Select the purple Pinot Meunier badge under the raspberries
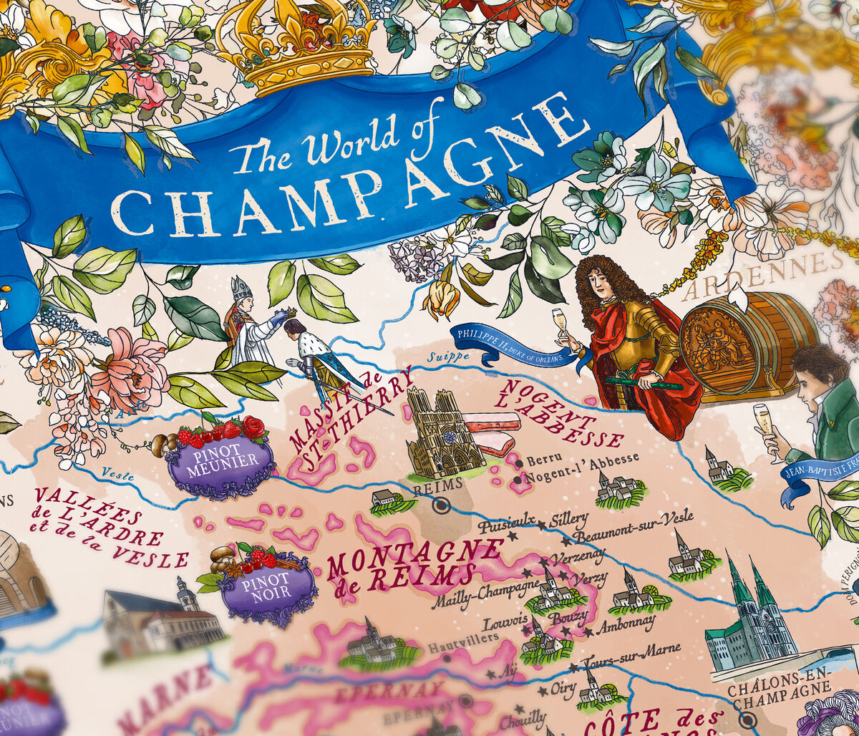(x=220, y=461)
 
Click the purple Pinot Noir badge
(x=266, y=588)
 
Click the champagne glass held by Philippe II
(x=559, y=320)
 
